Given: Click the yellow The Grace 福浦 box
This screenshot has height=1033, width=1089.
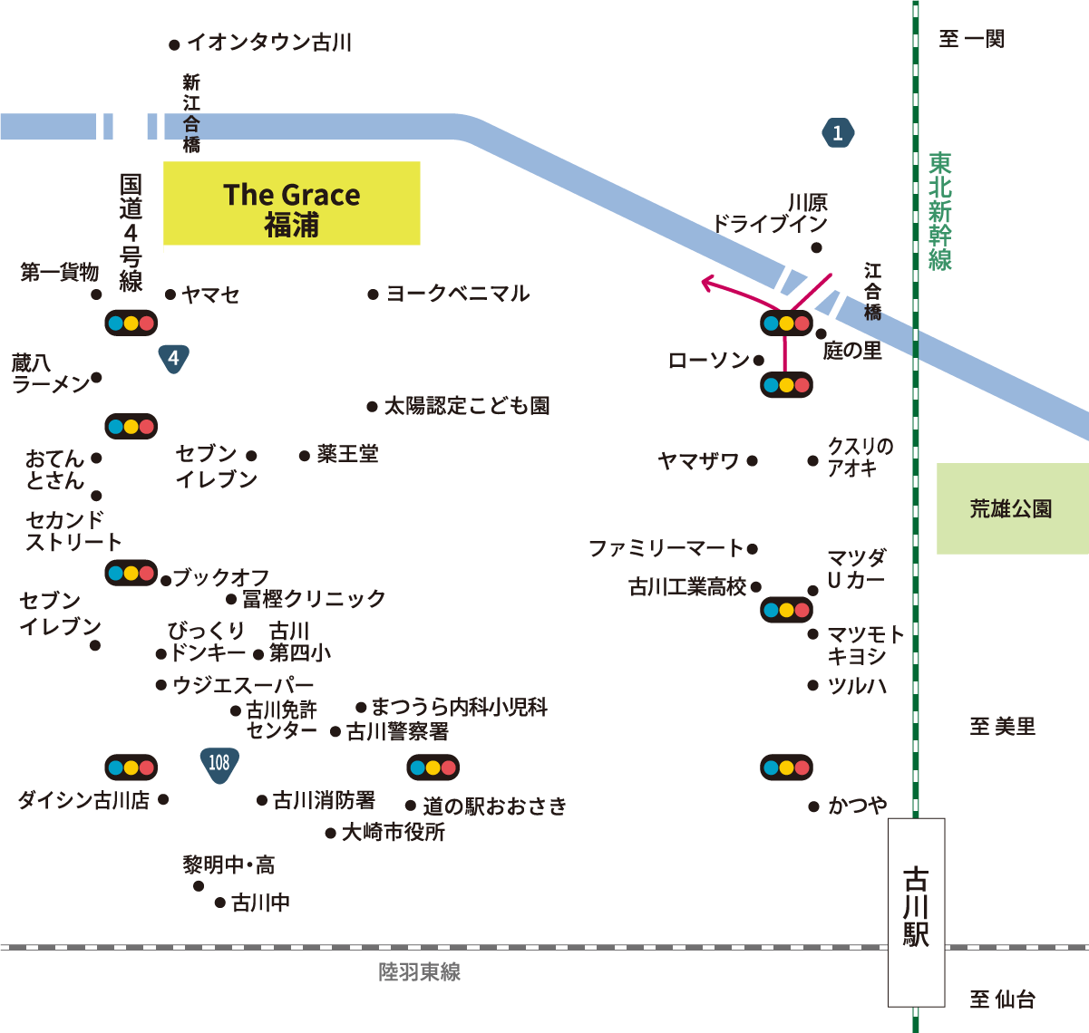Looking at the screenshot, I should point(291,203).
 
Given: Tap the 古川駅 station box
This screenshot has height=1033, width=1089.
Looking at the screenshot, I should point(916,912).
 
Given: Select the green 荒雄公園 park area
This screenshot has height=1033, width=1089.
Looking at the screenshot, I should point(1011,508).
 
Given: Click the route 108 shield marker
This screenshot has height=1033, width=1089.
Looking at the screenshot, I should point(219,763).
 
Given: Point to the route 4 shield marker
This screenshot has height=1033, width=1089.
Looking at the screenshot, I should point(173,358).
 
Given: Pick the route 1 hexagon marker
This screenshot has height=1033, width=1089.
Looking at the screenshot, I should point(837,133).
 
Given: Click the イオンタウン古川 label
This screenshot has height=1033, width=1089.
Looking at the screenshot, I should point(269,43).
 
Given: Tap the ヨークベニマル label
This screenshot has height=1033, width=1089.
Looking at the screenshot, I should point(458,294).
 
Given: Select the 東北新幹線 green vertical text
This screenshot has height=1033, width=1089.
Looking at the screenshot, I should point(940,211).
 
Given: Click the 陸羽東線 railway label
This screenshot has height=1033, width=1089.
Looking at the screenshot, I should point(420,972).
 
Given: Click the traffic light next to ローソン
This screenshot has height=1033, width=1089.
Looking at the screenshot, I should point(786,385).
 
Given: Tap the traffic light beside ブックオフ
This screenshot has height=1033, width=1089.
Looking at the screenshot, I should point(131,573).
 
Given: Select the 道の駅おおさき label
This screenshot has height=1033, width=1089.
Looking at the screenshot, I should point(494,806).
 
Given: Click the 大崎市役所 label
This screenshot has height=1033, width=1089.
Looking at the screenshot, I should point(393,832).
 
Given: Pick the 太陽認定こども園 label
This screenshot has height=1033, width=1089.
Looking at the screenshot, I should point(467,406).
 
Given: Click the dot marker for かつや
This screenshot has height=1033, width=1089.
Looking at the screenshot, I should point(813,806).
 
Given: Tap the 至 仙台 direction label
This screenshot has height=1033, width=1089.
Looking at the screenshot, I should point(1002,999).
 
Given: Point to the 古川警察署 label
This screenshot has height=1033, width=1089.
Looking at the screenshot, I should point(397,731).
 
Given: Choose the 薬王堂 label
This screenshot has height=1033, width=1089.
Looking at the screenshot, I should point(347,454).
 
